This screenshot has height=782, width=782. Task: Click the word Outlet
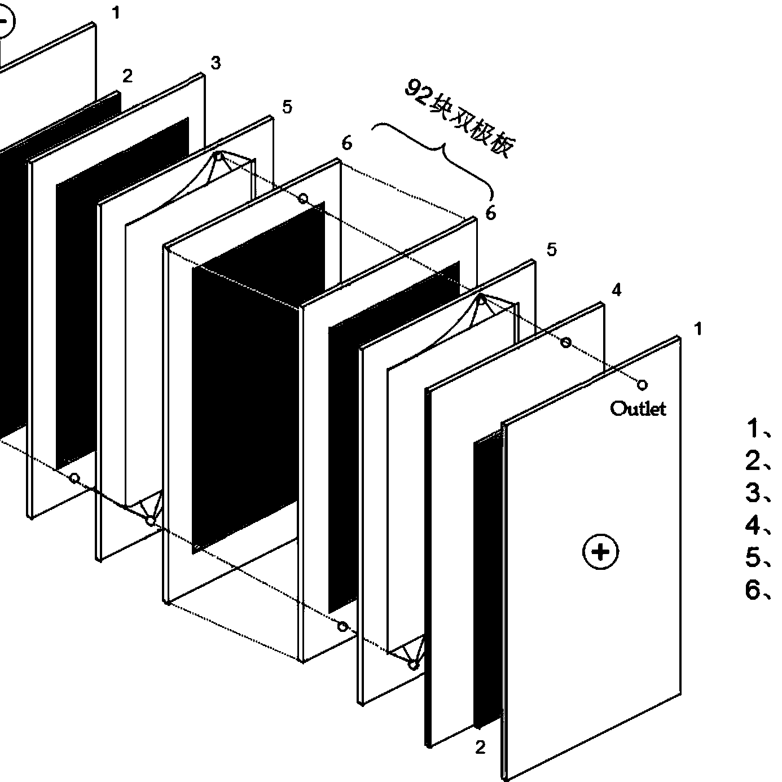638,408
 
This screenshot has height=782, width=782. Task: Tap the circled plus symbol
600,551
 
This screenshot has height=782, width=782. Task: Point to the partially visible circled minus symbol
5,22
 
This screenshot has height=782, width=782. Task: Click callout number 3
216,63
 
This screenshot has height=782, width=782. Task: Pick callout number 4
617,290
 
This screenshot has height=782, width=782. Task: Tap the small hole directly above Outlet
642,385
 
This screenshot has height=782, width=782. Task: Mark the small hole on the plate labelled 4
565,342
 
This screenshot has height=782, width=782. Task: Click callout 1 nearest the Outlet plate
698,328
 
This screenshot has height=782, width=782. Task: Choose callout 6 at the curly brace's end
491,213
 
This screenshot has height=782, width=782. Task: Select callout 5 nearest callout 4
551,249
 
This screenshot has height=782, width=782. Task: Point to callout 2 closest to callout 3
128,76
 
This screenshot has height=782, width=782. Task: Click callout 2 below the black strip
480,748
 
